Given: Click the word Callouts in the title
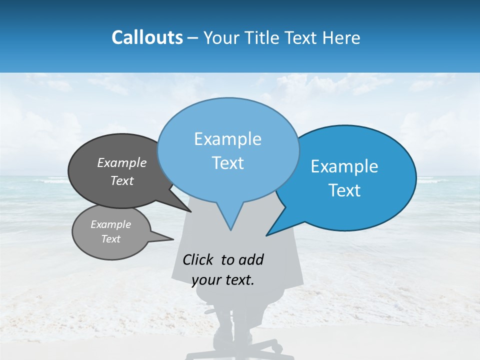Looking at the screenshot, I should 147,37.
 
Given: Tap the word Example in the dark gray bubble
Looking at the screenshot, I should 122,162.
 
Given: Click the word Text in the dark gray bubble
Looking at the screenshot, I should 122,180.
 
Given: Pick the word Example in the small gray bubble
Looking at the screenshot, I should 110,224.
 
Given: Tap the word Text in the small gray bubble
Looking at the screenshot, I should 110,239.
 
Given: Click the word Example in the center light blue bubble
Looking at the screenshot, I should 227,139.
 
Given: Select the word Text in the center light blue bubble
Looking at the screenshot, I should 227,163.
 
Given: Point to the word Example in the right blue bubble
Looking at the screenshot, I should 344,166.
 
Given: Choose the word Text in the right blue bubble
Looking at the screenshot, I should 344,190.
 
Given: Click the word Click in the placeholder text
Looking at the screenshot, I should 199,259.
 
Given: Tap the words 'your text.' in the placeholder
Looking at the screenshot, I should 222,280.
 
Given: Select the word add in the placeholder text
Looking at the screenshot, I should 251,259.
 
